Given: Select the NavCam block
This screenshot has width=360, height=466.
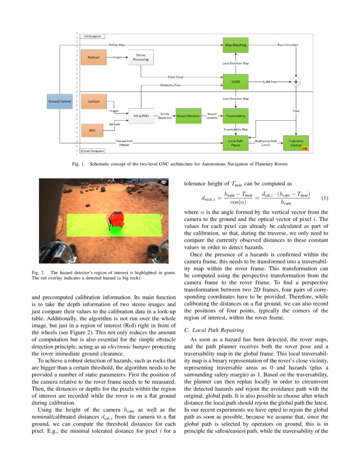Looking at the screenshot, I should [94, 57].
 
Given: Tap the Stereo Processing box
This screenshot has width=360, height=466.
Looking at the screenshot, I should [141, 57].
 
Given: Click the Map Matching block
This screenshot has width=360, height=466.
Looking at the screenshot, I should [235, 45].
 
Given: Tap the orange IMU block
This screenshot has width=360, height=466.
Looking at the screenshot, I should [92, 130].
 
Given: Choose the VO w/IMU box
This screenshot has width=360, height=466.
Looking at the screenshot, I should [141, 115].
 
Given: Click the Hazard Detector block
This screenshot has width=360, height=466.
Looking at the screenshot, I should [188, 115].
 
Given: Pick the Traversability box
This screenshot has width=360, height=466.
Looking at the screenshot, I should [235, 115].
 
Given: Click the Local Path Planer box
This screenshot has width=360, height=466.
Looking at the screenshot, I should [235, 143].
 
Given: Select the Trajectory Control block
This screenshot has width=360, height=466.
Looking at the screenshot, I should [296, 143].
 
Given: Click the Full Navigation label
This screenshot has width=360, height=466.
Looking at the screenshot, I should [92, 36].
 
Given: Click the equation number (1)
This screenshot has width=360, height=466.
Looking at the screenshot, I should [325, 198].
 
